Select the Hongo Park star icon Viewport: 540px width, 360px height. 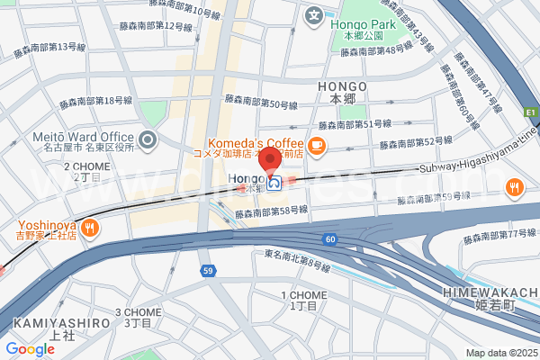(x=313, y=14)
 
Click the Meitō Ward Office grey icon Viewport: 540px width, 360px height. (x=148, y=139)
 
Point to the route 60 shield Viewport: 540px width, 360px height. (x=331, y=238)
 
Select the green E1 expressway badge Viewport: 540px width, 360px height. (x=531, y=112)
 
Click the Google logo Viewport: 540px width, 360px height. (x=30, y=348)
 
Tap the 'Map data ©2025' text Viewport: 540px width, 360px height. (x=500, y=352)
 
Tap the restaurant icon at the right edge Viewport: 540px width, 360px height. (x=514, y=187)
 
